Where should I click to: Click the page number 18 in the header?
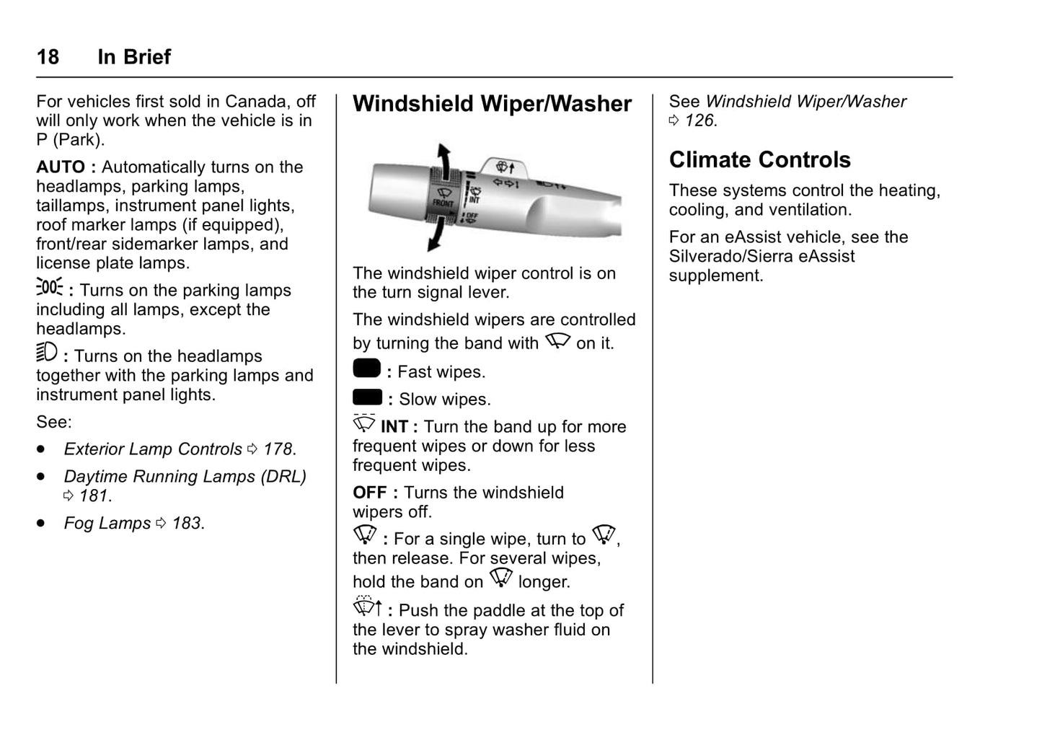click(x=48, y=57)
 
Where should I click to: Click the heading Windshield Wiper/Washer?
click(x=492, y=104)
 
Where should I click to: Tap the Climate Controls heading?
click(x=759, y=159)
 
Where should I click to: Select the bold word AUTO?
click(x=61, y=167)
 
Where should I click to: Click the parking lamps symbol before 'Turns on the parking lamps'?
click(x=50, y=287)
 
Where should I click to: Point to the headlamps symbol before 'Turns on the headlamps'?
click(x=47, y=353)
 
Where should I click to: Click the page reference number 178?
click(x=278, y=449)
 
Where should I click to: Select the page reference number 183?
click(x=187, y=524)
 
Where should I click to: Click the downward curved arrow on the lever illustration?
click(x=436, y=234)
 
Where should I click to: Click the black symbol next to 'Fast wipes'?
click(x=366, y=369)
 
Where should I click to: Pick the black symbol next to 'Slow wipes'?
click(x=367, y=397)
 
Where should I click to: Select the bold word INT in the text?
click(x=394, y=427)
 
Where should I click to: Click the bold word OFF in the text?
click(x=369, y=493)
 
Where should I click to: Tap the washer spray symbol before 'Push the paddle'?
click(x=367, y=607)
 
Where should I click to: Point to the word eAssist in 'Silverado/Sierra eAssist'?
click(x=826, y=257)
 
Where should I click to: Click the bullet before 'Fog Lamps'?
click(x=42, y=523)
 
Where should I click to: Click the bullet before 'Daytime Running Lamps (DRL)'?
click(x=42, y=477)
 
